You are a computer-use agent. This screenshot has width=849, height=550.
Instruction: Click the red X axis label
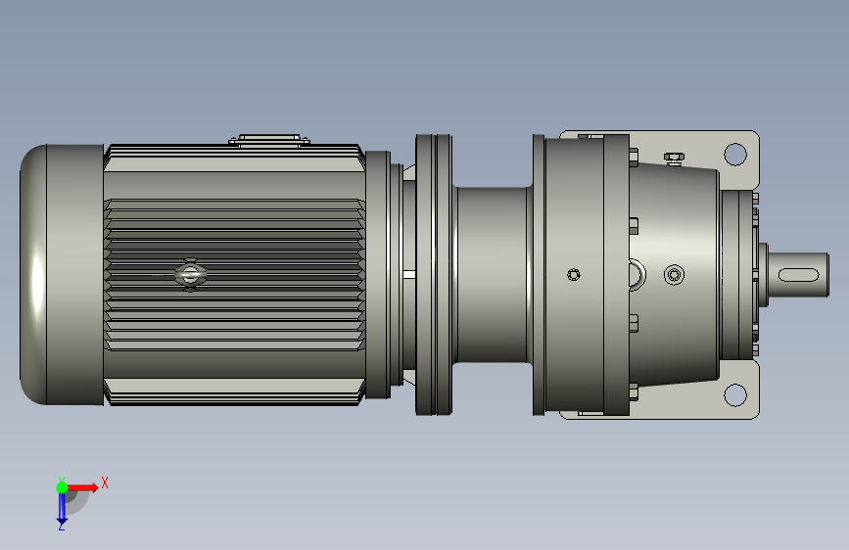click(x=105, y=482)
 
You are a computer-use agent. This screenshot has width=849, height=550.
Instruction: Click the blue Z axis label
click(x=61, y=526)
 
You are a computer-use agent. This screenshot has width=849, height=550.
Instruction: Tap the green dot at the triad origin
click(x=62, y=487)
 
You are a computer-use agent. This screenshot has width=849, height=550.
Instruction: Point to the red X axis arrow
click(x=82, y=487)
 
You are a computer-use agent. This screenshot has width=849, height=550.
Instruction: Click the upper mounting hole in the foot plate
click(x=734, y=154)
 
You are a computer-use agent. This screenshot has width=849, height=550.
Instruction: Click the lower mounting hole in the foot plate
click(x=734, y=394)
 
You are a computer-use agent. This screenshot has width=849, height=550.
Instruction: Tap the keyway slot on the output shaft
click(x=799, y=274)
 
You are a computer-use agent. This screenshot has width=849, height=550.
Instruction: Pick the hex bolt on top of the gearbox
click(x=674, y=159)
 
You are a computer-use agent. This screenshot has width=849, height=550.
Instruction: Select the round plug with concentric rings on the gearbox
click(x=674, y=275)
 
